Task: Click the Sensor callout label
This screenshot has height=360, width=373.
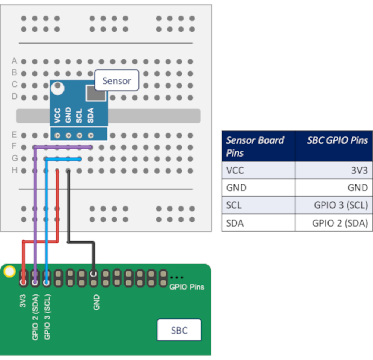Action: (116, 80)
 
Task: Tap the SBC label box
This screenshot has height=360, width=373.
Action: (179, 330)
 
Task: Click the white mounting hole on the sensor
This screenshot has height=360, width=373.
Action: (57, 88)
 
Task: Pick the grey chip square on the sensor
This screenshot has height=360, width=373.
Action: (96, 93)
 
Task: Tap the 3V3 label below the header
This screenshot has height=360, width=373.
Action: (23, 301)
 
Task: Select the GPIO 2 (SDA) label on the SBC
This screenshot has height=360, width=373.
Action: (35, 317)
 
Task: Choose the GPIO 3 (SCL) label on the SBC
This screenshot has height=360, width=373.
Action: (47, 317)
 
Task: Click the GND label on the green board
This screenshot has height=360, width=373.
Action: (96, 302)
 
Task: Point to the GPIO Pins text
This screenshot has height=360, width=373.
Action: (187, 287)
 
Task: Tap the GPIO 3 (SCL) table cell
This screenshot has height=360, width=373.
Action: (341, 205)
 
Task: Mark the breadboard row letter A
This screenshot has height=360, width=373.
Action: (15, 60)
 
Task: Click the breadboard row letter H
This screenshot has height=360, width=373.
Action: (15, 170)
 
